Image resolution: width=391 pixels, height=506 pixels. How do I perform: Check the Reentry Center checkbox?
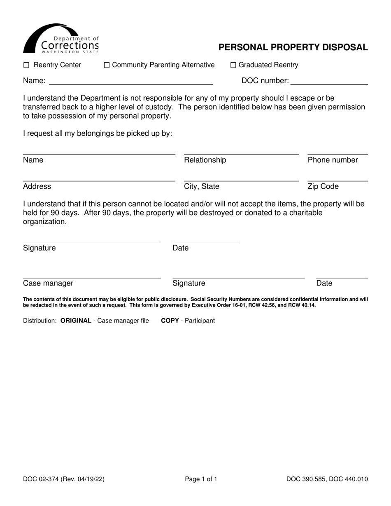tap(26, 65)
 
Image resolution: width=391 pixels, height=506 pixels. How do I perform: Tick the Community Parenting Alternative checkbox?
tap(107, 65)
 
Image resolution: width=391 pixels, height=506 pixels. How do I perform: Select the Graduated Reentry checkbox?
tap(233, 65)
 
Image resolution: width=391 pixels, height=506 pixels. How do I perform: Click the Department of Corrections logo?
tap(61, 39)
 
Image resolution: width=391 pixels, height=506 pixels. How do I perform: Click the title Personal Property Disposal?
tap(293, 47)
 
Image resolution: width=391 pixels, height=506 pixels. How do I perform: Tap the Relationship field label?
tap(205, 160)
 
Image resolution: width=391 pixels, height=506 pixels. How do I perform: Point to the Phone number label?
tap(333, 160)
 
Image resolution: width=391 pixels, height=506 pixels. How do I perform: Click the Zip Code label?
tap(323, 186)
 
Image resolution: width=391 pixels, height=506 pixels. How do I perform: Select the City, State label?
tap(202, 186)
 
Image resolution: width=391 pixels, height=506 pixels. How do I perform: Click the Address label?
tap(37, 186)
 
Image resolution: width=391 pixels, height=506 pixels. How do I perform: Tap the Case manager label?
tap(48, 283)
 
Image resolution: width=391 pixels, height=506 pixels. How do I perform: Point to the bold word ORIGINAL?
tap(76, 320)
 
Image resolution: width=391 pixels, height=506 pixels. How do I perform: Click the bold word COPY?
tap(170, 320)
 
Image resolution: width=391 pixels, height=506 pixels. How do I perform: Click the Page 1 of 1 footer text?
tap(201, 479)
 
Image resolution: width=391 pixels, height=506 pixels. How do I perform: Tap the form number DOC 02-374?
tap(46, 479)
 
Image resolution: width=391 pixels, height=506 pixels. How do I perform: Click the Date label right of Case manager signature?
tap(324, 283)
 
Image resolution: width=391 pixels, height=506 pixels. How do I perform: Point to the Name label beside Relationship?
tap(33, 160)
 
